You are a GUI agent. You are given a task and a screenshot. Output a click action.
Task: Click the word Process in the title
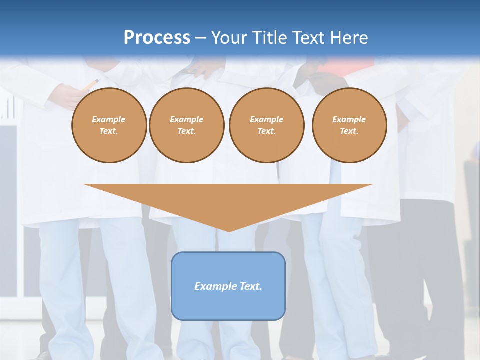coord(157,38)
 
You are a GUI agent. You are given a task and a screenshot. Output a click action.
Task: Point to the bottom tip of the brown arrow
coord(229,231)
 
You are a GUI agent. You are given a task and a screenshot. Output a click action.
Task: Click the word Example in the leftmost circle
coord(109,119)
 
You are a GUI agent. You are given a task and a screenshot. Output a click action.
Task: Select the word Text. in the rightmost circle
coord(349,131)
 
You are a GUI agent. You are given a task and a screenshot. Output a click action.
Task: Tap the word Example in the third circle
coord(266,119)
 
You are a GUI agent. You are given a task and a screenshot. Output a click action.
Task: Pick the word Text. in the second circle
coord(186,131)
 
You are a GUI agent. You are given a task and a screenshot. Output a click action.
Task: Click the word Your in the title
coord(229,38)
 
